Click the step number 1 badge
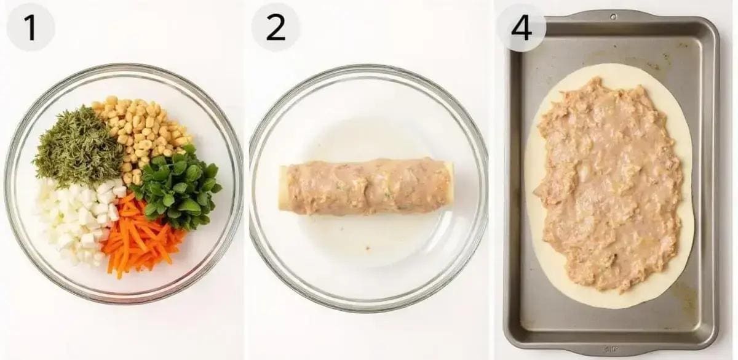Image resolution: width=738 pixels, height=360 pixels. [x=30, y=28]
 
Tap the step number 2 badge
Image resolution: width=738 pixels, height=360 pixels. [x=276, y=28]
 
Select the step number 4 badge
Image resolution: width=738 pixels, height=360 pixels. [x=522, y=28]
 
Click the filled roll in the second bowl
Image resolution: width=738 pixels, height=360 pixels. [x=367, y=186]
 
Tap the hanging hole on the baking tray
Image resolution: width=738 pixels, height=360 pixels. [x=613, y=16]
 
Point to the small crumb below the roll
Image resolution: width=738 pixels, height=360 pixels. [x=367, y=247]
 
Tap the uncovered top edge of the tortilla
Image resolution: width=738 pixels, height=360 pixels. [x=609, y=71]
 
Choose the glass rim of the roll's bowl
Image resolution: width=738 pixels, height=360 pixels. [x=368, y=68]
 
